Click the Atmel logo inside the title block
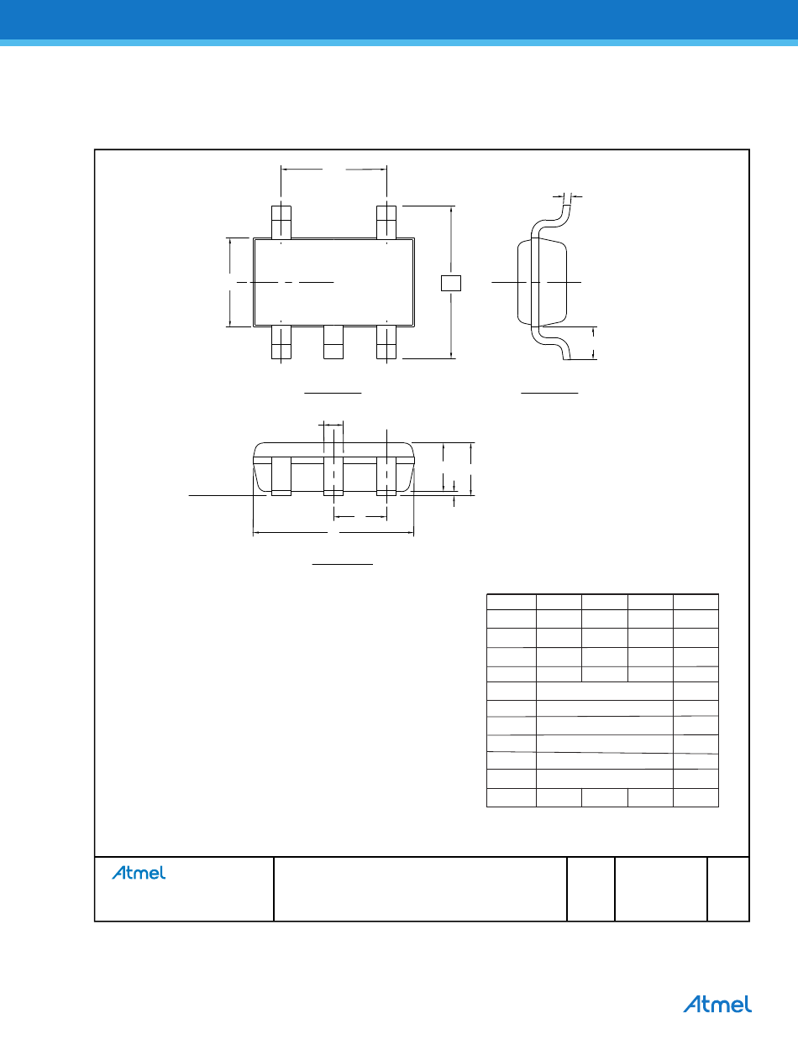pos(139,873)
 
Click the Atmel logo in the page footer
pos(717,1004)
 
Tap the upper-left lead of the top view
pos(281,222)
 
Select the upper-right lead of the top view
pos(386,222)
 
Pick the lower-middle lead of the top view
pos(333,342)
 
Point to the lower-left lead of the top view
pos(281,342)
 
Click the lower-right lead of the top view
pos(386,342)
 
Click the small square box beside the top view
pos(451,283)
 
